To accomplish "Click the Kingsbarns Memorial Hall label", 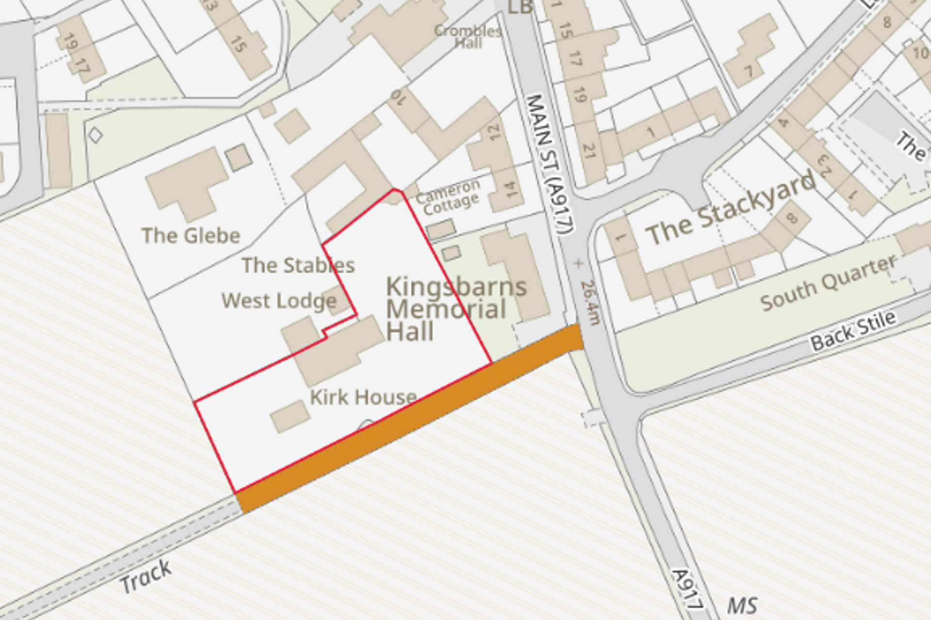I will [x=456, y=309].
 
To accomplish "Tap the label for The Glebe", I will [x=191, y=236].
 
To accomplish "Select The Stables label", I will [x=298, y=265].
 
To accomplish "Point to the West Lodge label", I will [x=279, y=301].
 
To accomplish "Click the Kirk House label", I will [x=363, y=397].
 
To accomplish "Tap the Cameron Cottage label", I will [x=448, y=197].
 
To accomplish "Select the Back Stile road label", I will [x=853, y=331].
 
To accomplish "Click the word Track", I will [x=145, y=576].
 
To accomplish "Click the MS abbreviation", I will [x=742, y=606].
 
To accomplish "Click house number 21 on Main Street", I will [x=589, y=151].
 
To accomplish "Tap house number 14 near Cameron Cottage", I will [x=509, y=189].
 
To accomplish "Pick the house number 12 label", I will [x=494, y=132].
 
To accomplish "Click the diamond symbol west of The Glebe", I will [x=96, y=135].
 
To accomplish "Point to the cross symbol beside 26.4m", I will [x=578, y=263].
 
